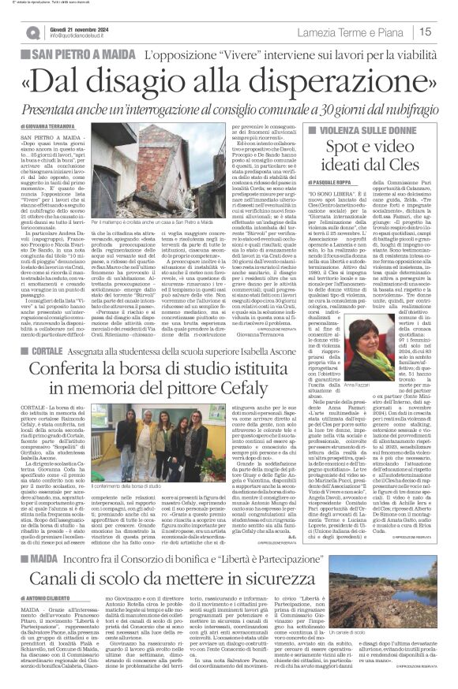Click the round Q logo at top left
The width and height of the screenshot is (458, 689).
[32, 32]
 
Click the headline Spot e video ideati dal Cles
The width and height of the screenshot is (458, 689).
[367, 155]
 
